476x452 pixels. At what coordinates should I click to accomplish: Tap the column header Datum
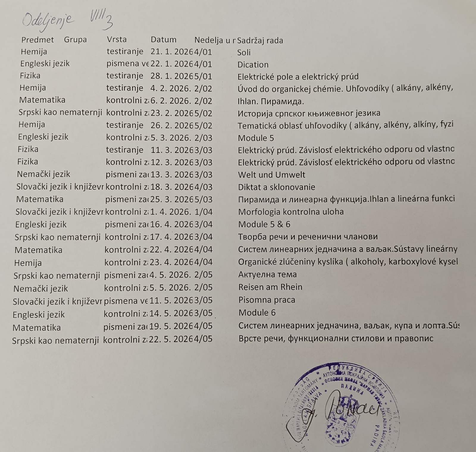point(163,40)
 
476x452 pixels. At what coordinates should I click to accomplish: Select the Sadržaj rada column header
point(260,41)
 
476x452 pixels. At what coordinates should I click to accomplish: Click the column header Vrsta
point(117,39)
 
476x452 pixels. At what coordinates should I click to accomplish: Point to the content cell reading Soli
point(244,52)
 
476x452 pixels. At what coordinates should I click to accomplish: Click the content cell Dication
point(253,65)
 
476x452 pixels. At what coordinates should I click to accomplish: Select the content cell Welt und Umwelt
point(272,175)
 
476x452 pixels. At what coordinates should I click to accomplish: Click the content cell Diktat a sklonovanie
point(276,187)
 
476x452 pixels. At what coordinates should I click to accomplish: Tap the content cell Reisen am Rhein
point(270,287)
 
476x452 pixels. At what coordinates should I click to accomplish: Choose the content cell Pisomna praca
point(267,300)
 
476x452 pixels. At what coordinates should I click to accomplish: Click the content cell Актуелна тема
point(267,274)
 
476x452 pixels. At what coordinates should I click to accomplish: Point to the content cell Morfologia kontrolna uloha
point(291,212)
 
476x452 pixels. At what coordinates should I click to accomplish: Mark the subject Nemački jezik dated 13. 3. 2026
point(43,174)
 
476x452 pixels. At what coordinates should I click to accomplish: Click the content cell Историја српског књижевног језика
point(309,113)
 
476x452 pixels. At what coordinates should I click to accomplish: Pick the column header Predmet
point(37,40)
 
